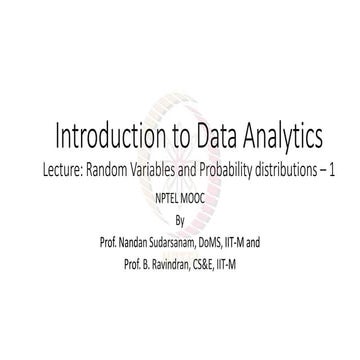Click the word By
click(180, 219)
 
